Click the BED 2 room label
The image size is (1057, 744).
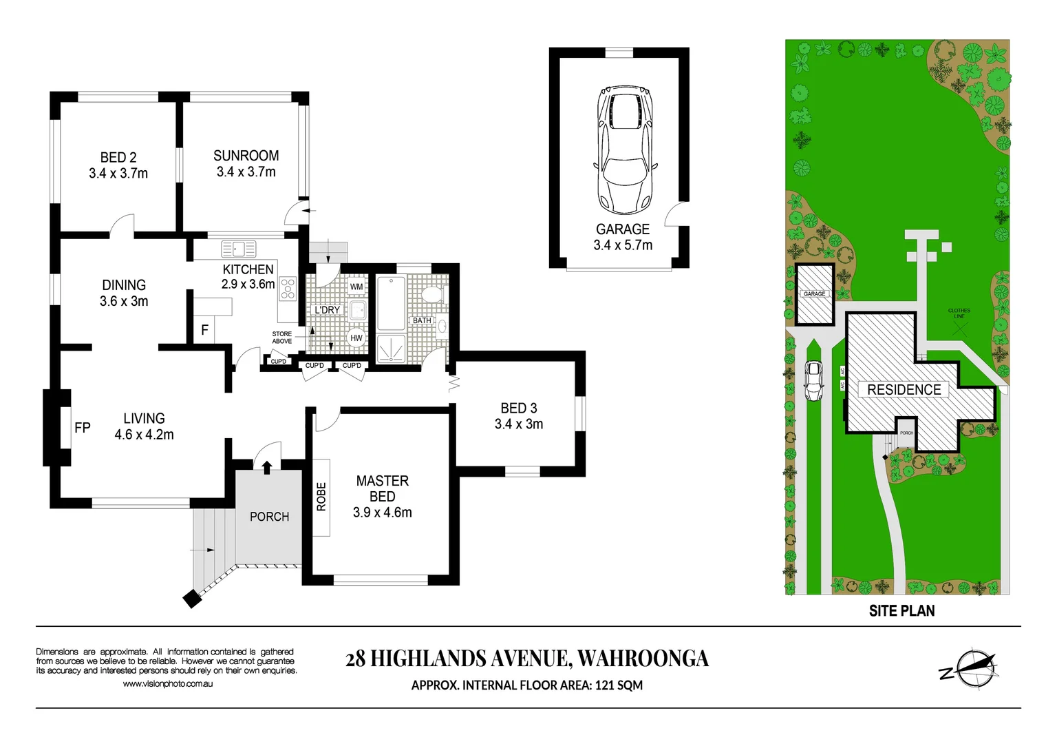click(x=118, y=158)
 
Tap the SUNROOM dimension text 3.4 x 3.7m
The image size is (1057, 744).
click(x=246, y=172)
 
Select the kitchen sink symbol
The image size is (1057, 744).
click(x=239, y=249)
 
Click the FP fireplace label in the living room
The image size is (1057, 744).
click(x=82, y=428)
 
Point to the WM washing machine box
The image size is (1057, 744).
click(x=356, y=287)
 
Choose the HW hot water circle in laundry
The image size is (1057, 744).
click(x=356, y=338)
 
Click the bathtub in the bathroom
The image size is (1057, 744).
click(x=391, y=302)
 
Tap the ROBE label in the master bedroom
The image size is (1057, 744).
click(x=321, y=497)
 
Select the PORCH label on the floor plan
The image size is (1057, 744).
click(x=269, y=517)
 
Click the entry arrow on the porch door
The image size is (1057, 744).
click(x=267, y=467)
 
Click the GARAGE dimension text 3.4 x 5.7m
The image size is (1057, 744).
click(x=623, y=245)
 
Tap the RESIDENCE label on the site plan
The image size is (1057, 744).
click(x=904, y=390)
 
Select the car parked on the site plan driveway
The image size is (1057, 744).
click(x=813, y=381)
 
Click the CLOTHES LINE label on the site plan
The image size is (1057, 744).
click(x=959, y=313)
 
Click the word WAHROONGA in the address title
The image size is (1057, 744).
click(x=643, y=659)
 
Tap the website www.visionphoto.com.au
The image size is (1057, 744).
click(x=167, y=684)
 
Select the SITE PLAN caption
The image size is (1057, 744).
click(x=901, y=611)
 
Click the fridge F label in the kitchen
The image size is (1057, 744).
click(x=204, y=330)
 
